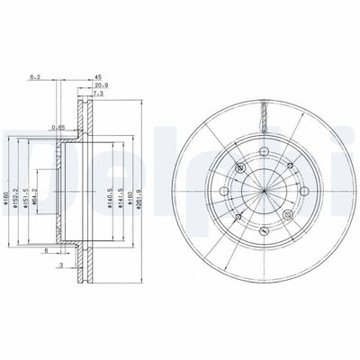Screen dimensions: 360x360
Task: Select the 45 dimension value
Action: (100, 78)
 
